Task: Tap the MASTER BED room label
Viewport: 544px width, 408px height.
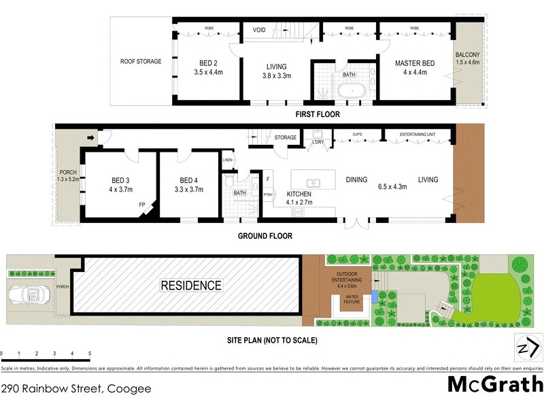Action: point(414,63)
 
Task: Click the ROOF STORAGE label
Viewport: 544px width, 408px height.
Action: point(141,61)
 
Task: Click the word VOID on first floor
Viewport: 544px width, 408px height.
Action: point(259,30)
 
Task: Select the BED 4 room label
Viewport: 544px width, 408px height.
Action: point(189,181)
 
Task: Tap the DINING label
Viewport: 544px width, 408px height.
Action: point(356,180)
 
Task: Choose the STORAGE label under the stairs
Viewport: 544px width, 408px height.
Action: point(286,138)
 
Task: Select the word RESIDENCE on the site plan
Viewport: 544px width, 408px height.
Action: point(191,285)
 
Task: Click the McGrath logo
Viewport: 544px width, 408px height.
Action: point(495,384)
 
